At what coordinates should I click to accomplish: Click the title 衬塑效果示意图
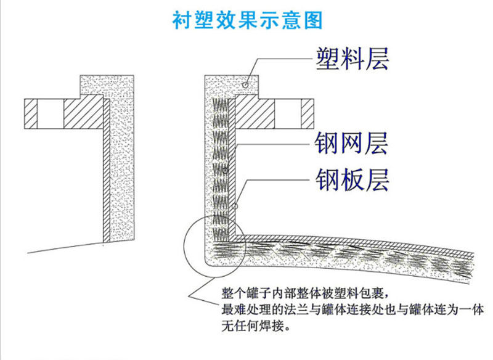[x=246, y=20]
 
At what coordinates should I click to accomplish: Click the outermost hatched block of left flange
[x=31, y=114]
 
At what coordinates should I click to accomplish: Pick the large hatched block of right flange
[x=254, y=114]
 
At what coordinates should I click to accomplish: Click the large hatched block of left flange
[x=82, y=114]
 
